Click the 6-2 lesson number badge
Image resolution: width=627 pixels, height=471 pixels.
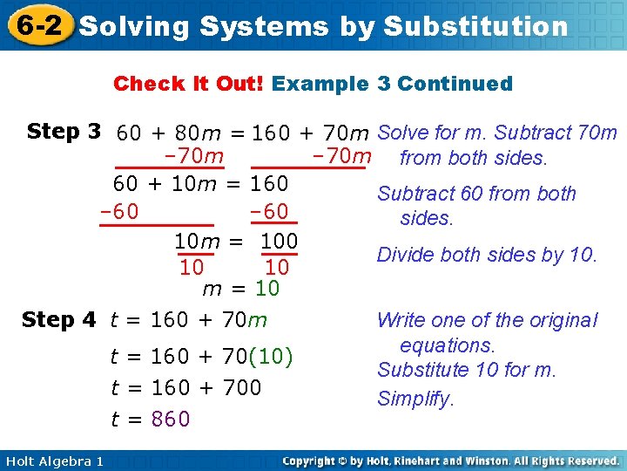click(x=36, y=25)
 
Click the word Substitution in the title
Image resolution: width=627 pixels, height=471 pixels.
click(x=475, y=26)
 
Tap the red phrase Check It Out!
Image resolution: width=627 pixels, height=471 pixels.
click(x=189, y=84)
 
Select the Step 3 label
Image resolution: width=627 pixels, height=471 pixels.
click(x=65, y=132)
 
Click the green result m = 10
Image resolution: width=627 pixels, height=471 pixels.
click(x=239, y=288)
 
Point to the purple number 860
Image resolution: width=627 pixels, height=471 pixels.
click(x=171, y=420)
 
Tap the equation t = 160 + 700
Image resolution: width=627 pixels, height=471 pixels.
click(x=185, y=387)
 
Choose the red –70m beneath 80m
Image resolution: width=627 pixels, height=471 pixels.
click(x=193, y=157)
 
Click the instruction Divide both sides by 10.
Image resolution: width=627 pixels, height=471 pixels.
click(x=487, y=255)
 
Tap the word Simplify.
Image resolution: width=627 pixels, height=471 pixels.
click(x=415, y=399)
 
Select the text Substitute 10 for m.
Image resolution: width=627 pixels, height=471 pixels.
click(x=466, y=370)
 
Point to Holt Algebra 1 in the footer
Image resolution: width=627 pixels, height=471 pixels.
click(x=52, y=461)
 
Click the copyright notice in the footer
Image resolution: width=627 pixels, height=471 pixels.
click(x=451, y=461)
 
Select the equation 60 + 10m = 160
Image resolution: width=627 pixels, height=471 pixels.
click(x=200, y=185)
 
